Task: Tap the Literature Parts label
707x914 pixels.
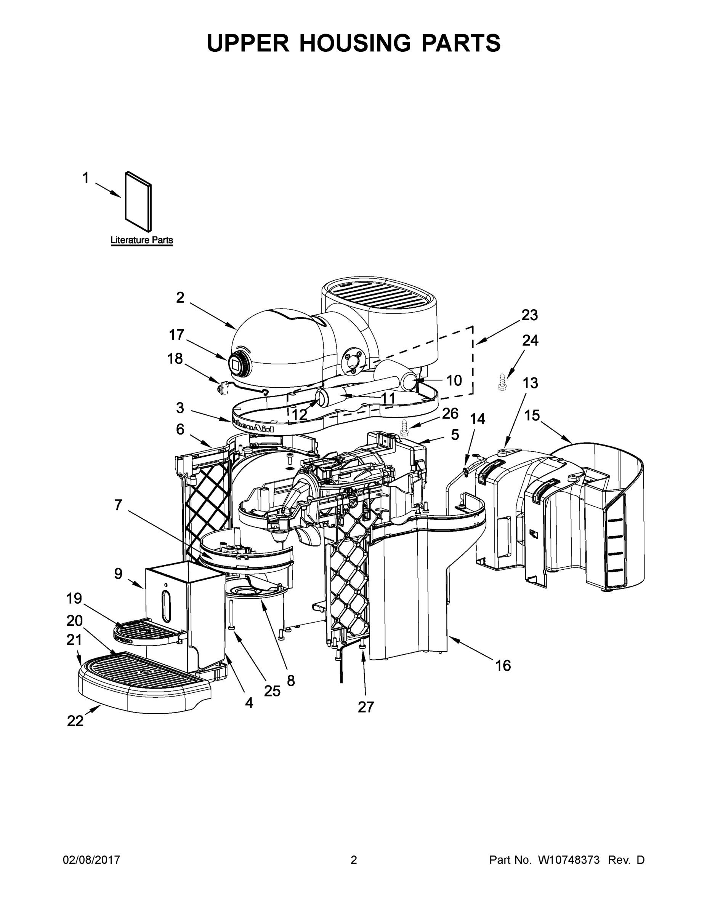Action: [141, 240]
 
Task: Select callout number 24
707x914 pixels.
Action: [530, 341]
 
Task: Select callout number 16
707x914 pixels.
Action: [503, 665]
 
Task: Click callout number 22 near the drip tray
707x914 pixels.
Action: [75, 721]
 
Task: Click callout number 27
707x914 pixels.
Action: [366, 707]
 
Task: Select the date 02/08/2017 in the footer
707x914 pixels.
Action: [91, 860]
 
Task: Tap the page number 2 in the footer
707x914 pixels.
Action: [354, 860]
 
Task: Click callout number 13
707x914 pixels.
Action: [530, 382]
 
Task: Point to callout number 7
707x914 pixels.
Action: [118, 505]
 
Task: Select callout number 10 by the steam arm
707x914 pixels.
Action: [454, 380]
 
